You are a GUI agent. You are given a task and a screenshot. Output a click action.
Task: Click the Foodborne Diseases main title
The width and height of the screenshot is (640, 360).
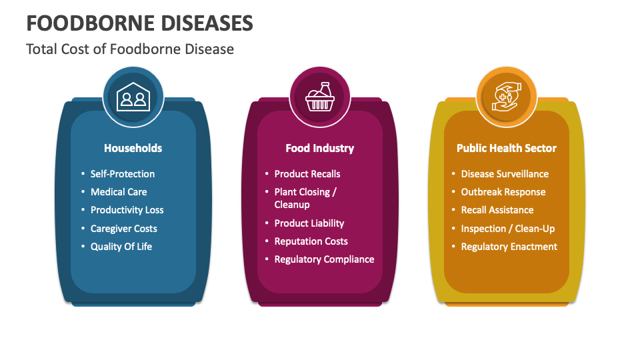coord(139,23)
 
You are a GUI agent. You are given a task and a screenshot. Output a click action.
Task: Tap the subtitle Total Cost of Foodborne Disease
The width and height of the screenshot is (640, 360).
coord(130,49)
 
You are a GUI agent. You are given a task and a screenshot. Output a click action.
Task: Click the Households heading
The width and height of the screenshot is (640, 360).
coord(133,148)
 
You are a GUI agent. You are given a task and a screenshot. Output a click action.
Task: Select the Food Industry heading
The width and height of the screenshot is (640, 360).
coord(319,148)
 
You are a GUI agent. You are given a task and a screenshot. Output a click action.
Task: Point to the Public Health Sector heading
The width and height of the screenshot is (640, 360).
coord(506,148)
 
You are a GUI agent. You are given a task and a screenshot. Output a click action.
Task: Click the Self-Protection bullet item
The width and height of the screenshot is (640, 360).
coord(123,174)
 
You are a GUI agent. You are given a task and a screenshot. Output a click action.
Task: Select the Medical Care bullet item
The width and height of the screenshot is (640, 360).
coord(119,192)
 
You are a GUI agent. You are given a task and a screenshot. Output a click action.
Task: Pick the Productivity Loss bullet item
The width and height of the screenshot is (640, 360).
coord(127,210)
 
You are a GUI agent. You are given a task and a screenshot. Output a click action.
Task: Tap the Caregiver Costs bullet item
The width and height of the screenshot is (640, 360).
coord(124,229)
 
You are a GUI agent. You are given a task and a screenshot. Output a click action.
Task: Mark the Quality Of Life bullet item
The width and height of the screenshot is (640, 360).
coord(121,247)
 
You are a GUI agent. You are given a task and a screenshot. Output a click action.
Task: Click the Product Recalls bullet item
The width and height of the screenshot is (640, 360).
coord(307,174)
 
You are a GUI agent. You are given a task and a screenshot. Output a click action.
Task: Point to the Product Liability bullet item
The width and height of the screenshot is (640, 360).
coord(309,223)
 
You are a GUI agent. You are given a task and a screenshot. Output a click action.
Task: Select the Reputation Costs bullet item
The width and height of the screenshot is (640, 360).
coord(311,241)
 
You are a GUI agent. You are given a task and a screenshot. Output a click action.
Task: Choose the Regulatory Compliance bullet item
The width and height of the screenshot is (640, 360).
coord(324,259)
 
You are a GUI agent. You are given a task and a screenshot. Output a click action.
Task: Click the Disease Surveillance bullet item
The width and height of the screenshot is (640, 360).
coord(505,174)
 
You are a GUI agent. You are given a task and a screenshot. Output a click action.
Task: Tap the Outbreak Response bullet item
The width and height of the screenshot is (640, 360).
coord(503,192)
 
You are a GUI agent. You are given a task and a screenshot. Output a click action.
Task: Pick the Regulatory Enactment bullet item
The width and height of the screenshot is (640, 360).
coord(509,247)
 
